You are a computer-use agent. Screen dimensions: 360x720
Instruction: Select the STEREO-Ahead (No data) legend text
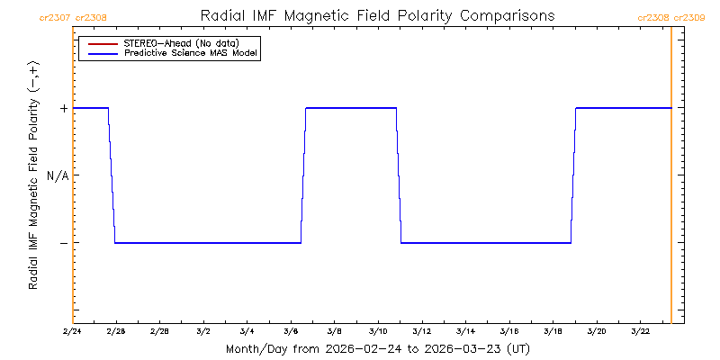click(x=180, y=43)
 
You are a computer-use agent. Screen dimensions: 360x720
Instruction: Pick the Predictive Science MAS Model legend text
click(x=191, y=54)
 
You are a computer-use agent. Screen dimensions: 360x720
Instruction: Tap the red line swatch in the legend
click(x=101, y=43)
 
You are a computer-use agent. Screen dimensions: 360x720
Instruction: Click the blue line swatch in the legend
click(x=101, y=54)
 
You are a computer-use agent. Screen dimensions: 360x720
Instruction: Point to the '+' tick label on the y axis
click(x=63, y=108)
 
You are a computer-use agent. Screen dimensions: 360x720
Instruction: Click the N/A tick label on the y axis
click(x=58, y=175)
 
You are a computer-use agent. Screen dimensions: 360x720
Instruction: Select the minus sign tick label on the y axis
click(x=63, y=243)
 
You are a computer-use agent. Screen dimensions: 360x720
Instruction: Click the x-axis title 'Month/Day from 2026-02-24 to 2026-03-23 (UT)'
click(x=377, y=348)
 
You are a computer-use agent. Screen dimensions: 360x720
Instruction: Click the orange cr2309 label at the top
click(x=690, y=17)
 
